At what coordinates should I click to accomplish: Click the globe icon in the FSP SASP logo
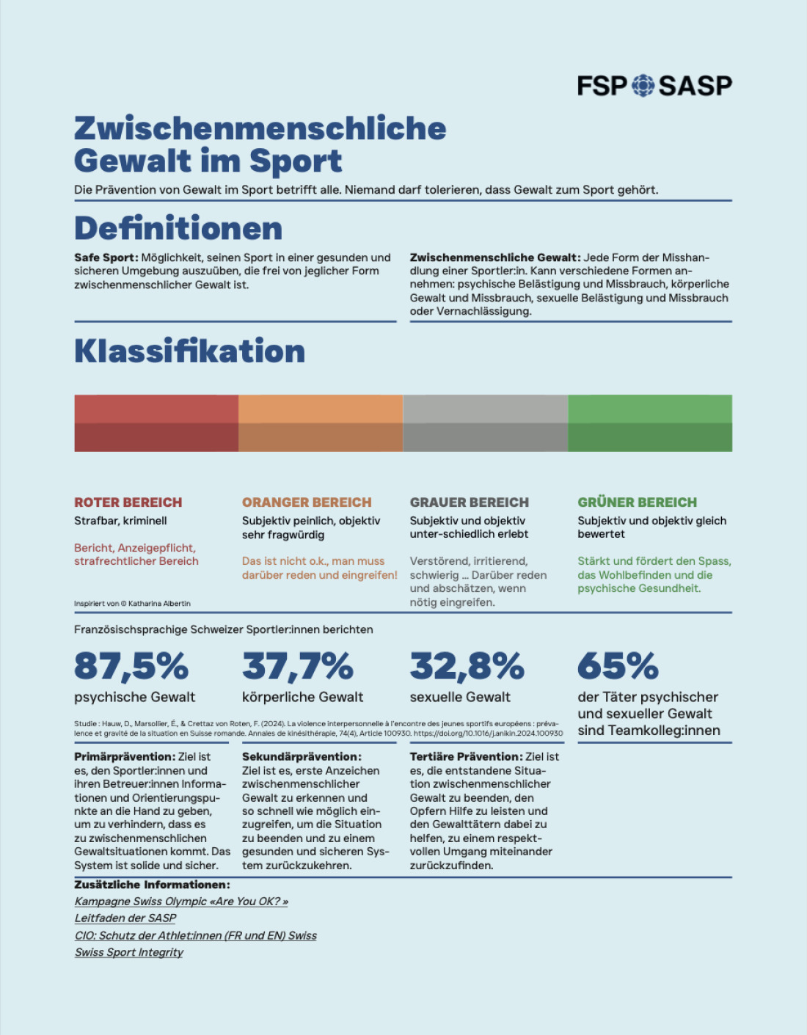[643, 85]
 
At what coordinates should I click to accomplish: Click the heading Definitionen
[178, 228]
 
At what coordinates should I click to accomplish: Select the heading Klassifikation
[189, 351]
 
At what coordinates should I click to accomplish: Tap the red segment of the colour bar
[156, 423]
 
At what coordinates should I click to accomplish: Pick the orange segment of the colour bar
[321, 423]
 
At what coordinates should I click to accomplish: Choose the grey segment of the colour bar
[485, 423]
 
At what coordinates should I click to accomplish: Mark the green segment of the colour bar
[649, 423]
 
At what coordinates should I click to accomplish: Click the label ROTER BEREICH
[128, 502]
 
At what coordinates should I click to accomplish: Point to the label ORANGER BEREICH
[307, 502]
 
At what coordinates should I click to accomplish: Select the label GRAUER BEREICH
[469, 502]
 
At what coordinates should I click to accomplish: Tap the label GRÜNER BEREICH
[637, 502]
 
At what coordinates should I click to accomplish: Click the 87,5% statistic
[131, 666]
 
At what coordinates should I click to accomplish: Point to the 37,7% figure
[297, 666]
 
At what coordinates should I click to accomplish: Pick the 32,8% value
[467, 666]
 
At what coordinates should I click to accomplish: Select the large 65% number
[618, 666]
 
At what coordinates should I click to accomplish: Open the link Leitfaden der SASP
[125, 918]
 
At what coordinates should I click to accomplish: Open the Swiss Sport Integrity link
[129, 952]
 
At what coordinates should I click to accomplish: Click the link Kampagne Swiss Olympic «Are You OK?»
[181, 901]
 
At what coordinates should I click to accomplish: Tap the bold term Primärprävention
[124, 757]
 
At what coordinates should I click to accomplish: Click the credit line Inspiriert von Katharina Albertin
[132, 604]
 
